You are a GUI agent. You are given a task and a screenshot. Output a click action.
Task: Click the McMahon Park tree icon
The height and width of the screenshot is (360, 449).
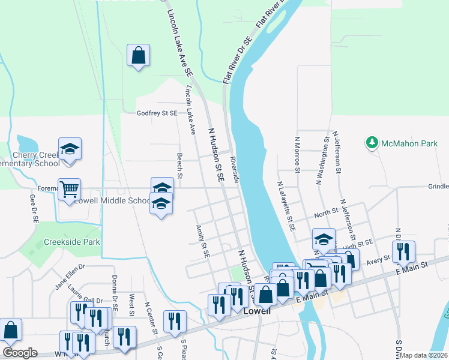(373, 143)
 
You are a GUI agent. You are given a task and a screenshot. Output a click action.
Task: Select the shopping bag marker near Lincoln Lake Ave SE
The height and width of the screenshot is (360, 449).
(138, 56)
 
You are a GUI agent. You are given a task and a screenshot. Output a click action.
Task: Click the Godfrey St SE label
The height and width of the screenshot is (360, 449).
(157, 113)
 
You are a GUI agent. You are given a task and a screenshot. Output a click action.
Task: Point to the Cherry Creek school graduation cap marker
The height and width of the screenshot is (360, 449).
(70, 149)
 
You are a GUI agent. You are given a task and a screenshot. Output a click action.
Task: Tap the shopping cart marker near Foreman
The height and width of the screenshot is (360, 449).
(70, 190)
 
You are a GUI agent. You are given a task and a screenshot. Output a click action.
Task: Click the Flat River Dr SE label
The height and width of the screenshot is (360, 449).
(235, 59)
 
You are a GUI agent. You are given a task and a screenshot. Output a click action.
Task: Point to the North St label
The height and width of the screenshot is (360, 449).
(326, 213)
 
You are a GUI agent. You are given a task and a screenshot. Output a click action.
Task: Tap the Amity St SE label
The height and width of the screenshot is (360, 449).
(202, 241)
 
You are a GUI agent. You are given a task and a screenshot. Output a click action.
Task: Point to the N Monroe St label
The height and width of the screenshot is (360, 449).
(297, 154)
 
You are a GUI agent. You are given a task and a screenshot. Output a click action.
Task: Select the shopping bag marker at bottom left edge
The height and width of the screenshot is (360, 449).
(10, 329)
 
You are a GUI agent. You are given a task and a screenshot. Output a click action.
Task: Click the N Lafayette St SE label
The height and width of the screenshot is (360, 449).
(286, 206)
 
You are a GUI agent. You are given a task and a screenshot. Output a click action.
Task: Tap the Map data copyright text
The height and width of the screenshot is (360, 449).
(424, 355)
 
